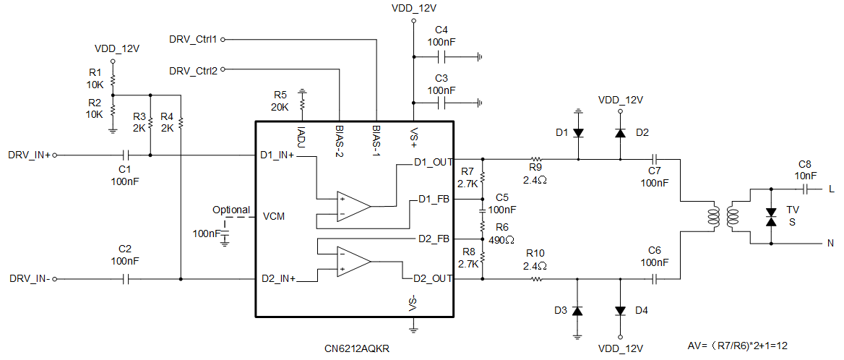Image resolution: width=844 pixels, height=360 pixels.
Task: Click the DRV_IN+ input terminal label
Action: click(x=29, y=155)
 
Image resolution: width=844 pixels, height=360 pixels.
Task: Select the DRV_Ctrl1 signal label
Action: click(x=193, y=39)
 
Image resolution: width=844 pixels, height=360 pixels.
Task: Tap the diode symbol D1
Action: click(x=578, y=132)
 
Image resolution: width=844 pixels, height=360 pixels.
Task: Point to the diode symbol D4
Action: click(x=620, y=311)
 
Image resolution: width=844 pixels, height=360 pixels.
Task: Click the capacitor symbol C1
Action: click(x=126, y=155)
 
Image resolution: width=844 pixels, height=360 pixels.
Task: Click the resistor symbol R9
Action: click(x=535, y=159)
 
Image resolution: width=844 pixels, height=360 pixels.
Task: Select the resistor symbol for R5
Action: click(x=302, y=100)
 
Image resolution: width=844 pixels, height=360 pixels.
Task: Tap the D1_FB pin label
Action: click(x=434, y=200)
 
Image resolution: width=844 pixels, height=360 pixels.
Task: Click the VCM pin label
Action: click(x=274, y=217)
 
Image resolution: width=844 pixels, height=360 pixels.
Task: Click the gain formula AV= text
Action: click(x=738, y=345)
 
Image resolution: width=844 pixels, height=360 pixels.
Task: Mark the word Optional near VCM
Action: click(x=231, y=210)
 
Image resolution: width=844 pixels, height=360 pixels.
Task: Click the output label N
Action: click(x=831, y=243)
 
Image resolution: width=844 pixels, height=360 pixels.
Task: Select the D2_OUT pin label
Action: click(x=432, y=278)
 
